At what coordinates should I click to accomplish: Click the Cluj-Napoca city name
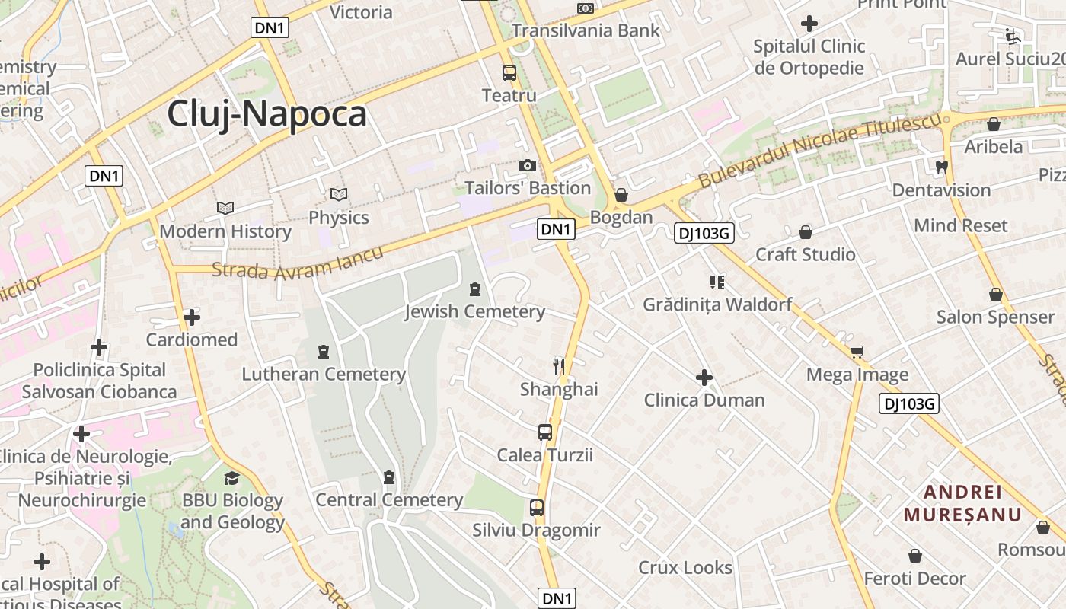pos(266,114)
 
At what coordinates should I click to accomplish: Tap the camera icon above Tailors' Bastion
pos(527,165)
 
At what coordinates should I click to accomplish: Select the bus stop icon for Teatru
pos(509,73)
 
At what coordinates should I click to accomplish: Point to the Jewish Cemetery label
pos(474,311)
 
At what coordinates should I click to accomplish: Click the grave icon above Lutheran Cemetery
pos(324,352)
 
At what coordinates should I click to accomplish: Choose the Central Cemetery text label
pos(389,500)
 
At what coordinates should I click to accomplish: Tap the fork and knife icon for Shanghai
pos(560,367)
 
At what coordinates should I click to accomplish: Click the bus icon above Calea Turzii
pos(545,432)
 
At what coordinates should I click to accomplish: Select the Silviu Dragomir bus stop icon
pos(537,508)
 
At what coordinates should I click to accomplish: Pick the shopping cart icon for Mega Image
pos(857,352)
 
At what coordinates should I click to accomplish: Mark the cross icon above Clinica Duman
pos(704,378)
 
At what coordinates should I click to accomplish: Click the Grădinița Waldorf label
pos(717,304)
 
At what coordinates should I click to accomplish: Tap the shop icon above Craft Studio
pos(806,232)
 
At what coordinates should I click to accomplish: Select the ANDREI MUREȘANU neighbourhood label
pos(962,502)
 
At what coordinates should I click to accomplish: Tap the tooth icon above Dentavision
pos(942,167)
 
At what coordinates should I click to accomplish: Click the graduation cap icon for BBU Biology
pos(231,478)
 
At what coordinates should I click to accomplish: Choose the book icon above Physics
pos(339,195)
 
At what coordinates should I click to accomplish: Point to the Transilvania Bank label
pos(586,30)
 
